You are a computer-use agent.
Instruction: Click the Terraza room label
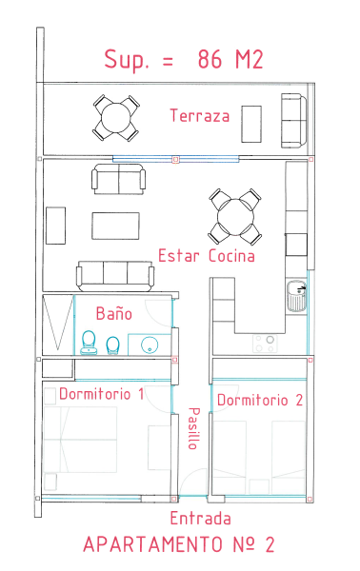(200, 115)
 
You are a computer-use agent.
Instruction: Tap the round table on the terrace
(116, 118)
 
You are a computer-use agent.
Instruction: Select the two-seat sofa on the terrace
(293, 121)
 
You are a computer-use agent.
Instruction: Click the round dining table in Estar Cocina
(235, 217)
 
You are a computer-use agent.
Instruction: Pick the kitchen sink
(296, 296)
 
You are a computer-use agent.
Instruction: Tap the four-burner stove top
(265, 344)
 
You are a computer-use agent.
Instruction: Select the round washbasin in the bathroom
(150, 345)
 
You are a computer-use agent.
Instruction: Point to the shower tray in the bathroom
(58, 325)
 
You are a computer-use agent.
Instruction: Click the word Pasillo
(194, 428)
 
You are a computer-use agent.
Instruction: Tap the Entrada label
(200, 519)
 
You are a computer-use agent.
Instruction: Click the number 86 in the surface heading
(210, 59)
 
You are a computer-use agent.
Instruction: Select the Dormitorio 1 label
(101, 394)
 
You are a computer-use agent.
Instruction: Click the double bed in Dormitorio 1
(80, 440)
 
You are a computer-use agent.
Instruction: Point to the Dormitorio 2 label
(260, 400)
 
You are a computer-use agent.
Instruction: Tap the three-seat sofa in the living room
(115, 276)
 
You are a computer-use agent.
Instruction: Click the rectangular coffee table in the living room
(115, 226)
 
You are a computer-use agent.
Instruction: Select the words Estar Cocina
(207, 256)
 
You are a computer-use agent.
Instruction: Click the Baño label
(113, 313)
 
